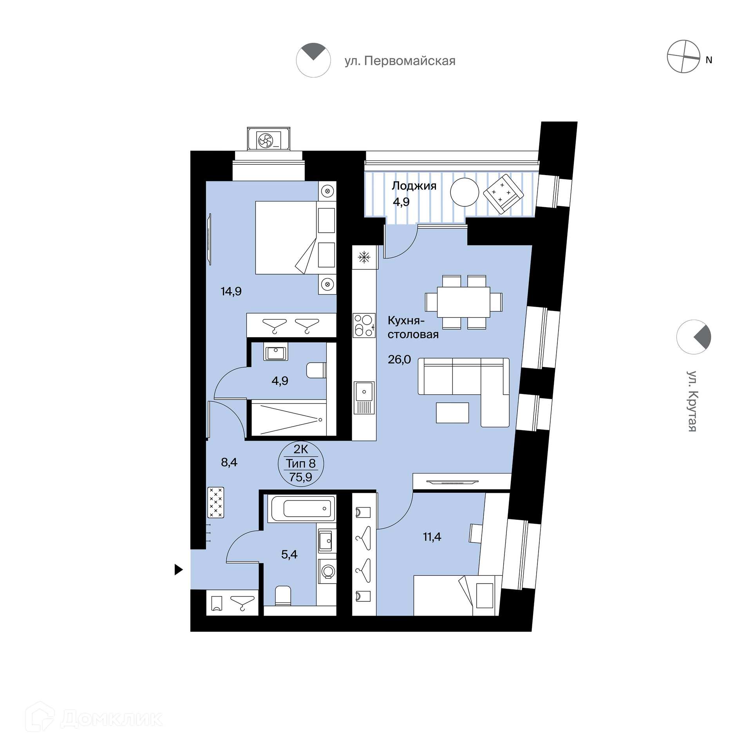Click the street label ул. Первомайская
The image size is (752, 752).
400,61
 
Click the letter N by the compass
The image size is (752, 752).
709,60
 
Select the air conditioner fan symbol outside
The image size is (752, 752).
266,140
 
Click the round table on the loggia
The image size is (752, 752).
465,192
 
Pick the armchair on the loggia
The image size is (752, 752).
503,194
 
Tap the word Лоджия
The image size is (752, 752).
414,186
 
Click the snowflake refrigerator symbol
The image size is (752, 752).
364,257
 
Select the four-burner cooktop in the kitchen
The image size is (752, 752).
364,325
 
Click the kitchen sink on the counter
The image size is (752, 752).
364,398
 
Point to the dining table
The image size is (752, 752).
464,302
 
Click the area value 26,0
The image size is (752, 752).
399,359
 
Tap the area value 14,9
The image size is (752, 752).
231,291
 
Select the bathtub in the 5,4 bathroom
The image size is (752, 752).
301,508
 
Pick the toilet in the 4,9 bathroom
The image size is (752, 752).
316,370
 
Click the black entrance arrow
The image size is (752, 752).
179,569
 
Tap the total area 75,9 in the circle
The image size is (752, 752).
301,477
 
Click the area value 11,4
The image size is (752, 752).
432,537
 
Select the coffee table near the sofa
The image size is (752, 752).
452,413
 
